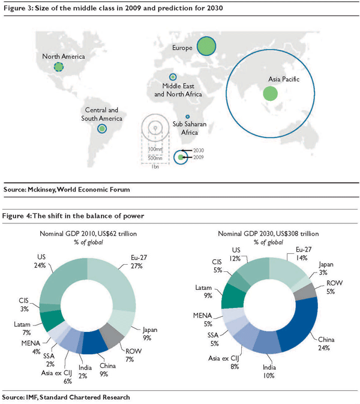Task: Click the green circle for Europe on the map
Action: [206, 46]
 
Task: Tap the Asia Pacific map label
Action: [283, 78]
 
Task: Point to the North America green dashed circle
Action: [58, 67]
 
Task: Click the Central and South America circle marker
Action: [103, 128]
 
